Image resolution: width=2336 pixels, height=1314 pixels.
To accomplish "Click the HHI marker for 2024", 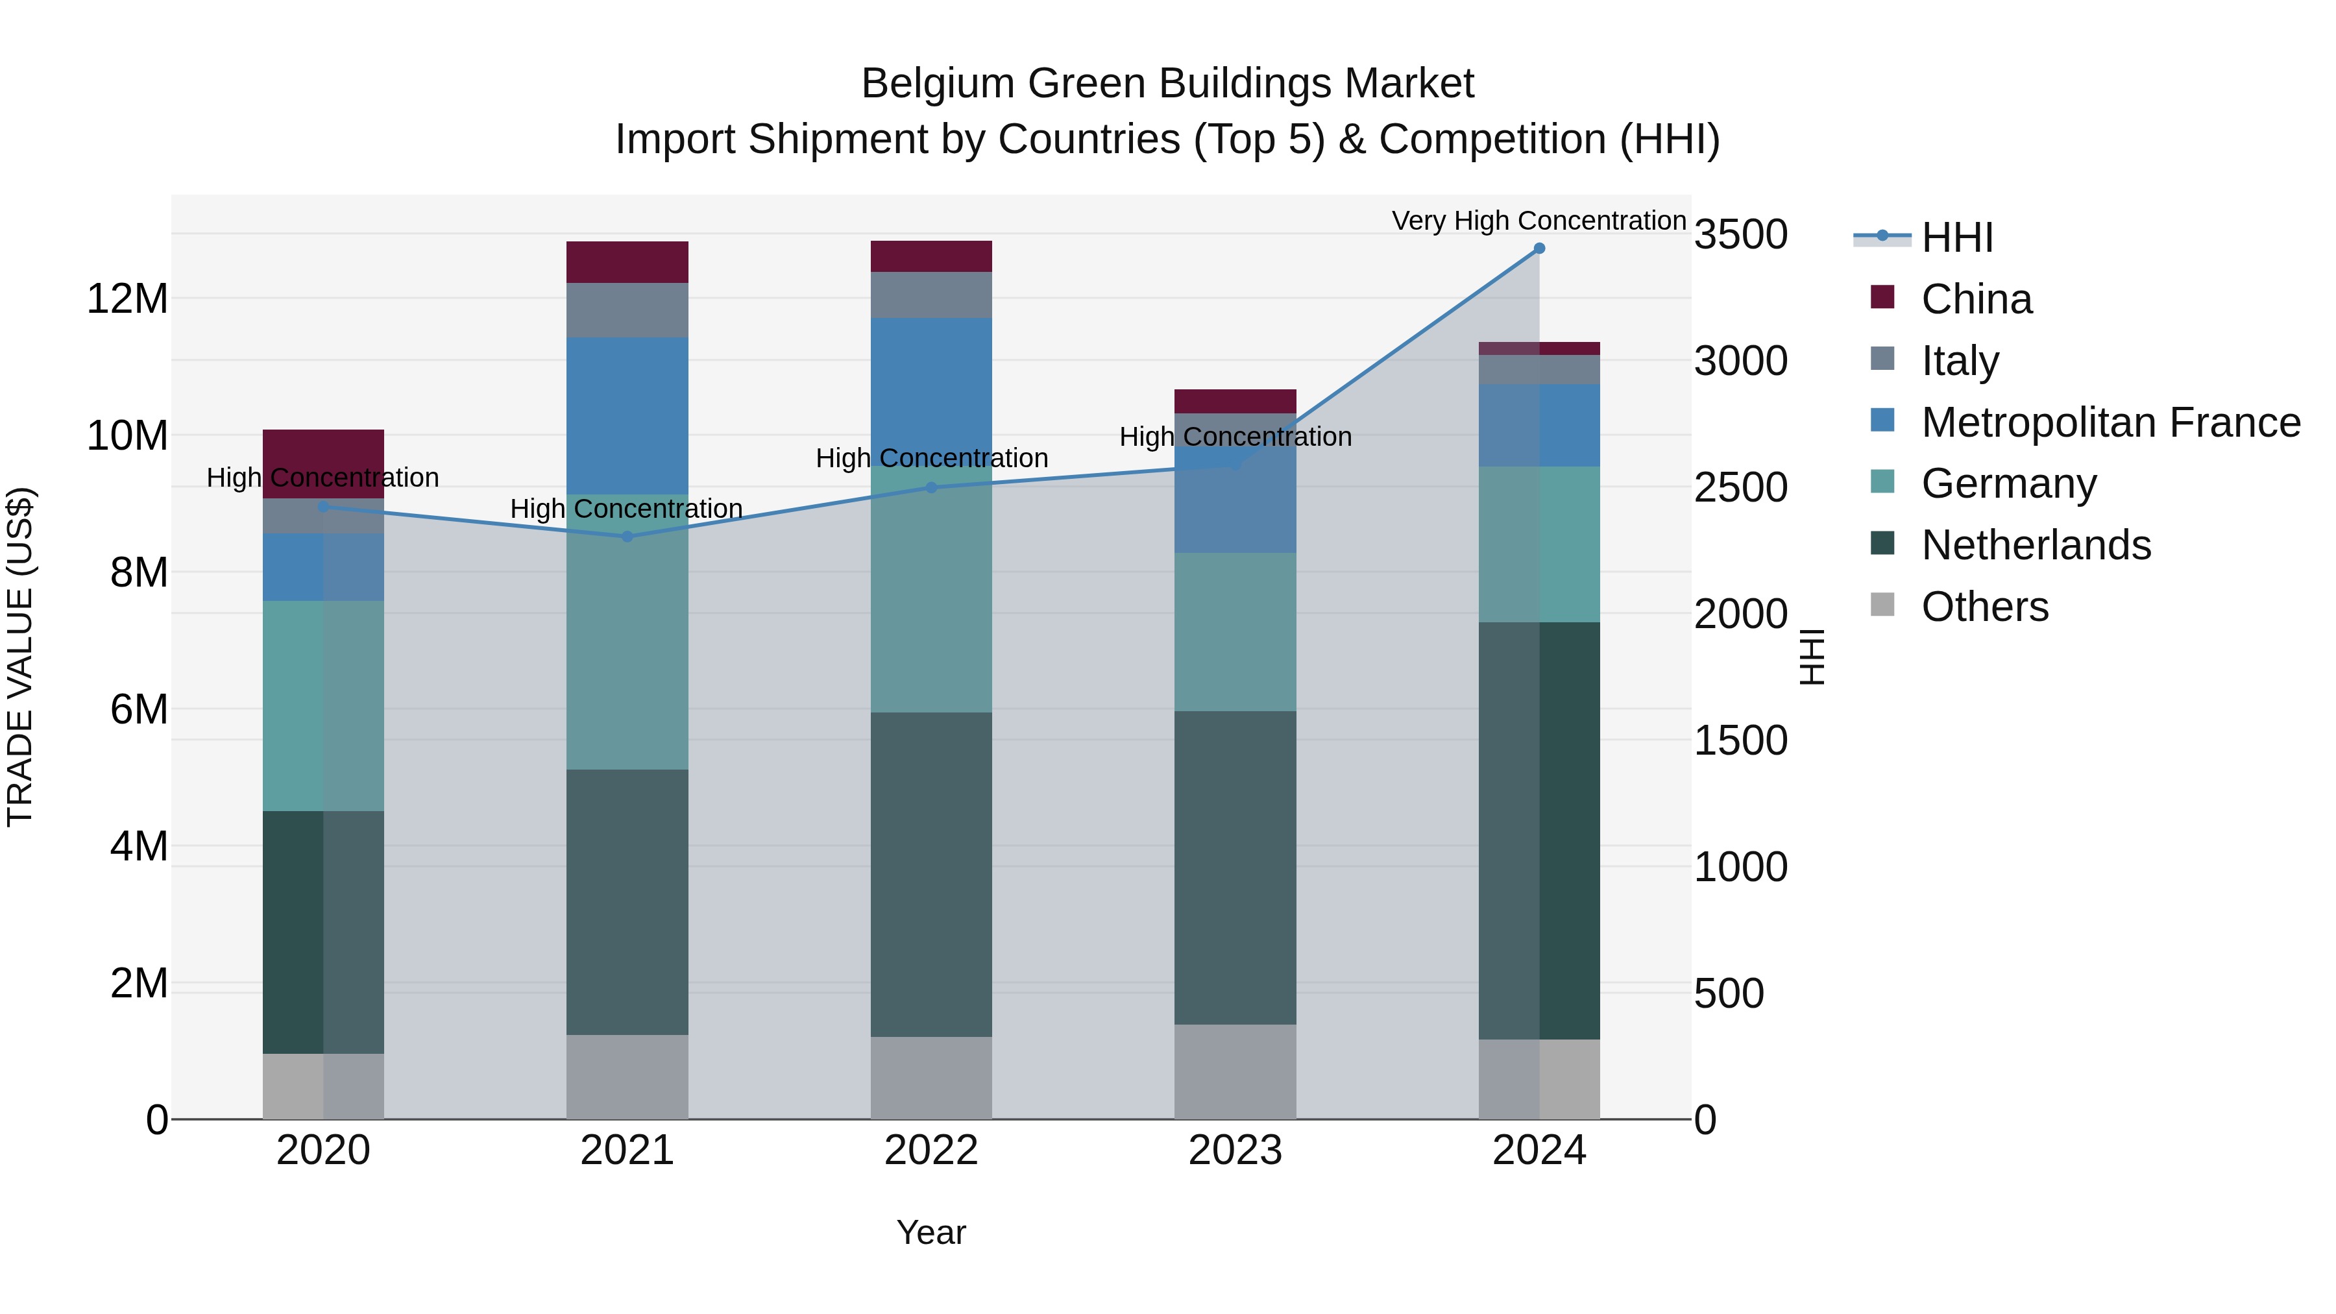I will (1539, 249).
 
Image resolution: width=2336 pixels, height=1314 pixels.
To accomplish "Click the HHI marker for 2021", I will (627, 536).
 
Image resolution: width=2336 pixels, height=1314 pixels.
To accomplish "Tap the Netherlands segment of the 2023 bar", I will (1235, 867).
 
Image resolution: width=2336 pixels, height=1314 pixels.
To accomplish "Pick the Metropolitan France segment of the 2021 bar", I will (627, 415).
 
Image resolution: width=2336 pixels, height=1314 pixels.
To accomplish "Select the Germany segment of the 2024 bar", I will (1539, 544).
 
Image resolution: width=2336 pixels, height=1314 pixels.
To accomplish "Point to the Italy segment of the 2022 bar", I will (931, 295).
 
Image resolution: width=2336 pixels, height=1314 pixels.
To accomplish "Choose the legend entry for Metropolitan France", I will (2110, 422).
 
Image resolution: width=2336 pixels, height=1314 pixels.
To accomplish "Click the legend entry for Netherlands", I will (2036, 545).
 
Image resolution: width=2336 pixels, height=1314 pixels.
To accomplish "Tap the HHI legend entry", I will (1957, 237).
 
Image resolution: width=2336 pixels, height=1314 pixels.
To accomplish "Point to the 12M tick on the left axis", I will (127, 299).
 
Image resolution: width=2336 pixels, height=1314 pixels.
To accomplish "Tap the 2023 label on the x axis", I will (1235, 1150).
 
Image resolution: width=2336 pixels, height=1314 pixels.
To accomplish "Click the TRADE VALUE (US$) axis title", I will (20, 657).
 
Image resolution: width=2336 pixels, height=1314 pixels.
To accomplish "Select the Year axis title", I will (931, 1232).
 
